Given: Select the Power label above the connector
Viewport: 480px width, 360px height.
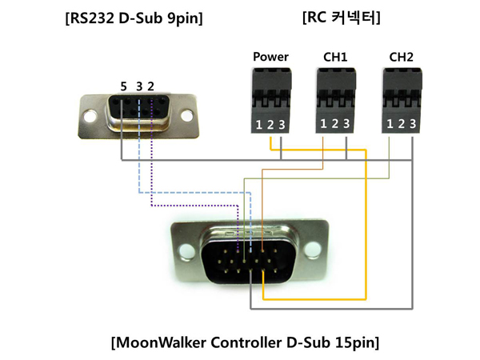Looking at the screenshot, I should pyautogui.click(x=270, y=57).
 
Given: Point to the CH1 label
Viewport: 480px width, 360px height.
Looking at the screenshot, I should pyautogui.click(x=334, y=57).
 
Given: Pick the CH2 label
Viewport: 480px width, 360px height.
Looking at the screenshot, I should pyautogui.click(x=401, y=57).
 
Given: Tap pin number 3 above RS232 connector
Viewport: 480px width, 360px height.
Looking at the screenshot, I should pyautogui.click(x=139, y=86).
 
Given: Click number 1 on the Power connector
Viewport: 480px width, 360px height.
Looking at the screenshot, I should pyautogui.click(x=259, y=123).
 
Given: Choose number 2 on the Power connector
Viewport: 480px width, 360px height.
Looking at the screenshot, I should pyautogui.click(x=270, y=123).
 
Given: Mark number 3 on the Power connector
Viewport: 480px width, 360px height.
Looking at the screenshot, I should pyautogui.click(x=282, y=123).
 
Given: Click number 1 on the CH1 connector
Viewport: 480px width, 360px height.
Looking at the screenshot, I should pyautogui.click(x=323, y=123).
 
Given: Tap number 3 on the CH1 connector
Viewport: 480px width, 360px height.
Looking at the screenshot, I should pyautogui.click(x=346, y=123).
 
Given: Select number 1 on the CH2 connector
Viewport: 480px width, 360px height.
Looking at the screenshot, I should pyautogui.click(x=390, y=123).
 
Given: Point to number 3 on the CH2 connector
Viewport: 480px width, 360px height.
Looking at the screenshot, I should pyautogui.click(x=412, y=123).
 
